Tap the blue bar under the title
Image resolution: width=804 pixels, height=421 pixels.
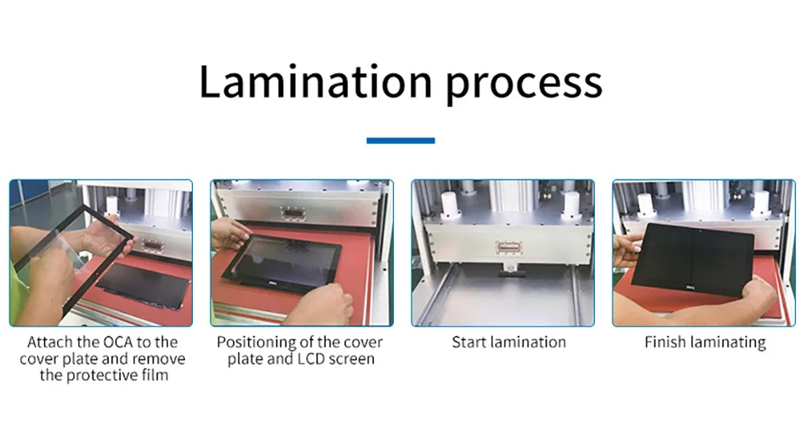click(x=400, y=141)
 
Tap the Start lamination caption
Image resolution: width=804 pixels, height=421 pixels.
click(x=508, y=342)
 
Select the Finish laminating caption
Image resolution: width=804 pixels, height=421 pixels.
click(x=704, y=342)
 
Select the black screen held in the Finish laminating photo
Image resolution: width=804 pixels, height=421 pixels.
click(x=691, y=258)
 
